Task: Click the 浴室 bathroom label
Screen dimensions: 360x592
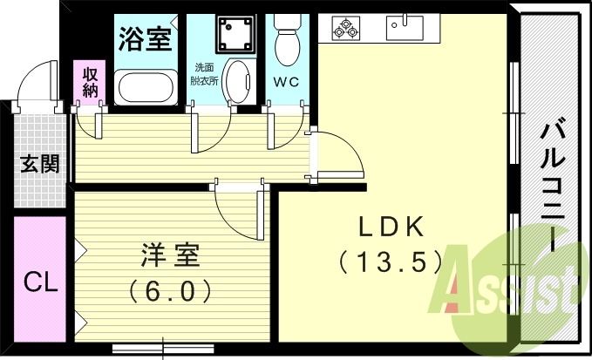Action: coord(144,38)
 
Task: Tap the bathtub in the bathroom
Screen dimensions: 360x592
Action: coord(145,86)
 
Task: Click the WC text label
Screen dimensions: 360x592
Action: coord(286,83)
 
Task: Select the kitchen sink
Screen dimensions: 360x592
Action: coord(404,25)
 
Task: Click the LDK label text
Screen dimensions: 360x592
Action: coord(391,228)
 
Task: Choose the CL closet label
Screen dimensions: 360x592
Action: coord(39,282)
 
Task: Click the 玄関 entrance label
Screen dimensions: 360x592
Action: coord(41,163)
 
